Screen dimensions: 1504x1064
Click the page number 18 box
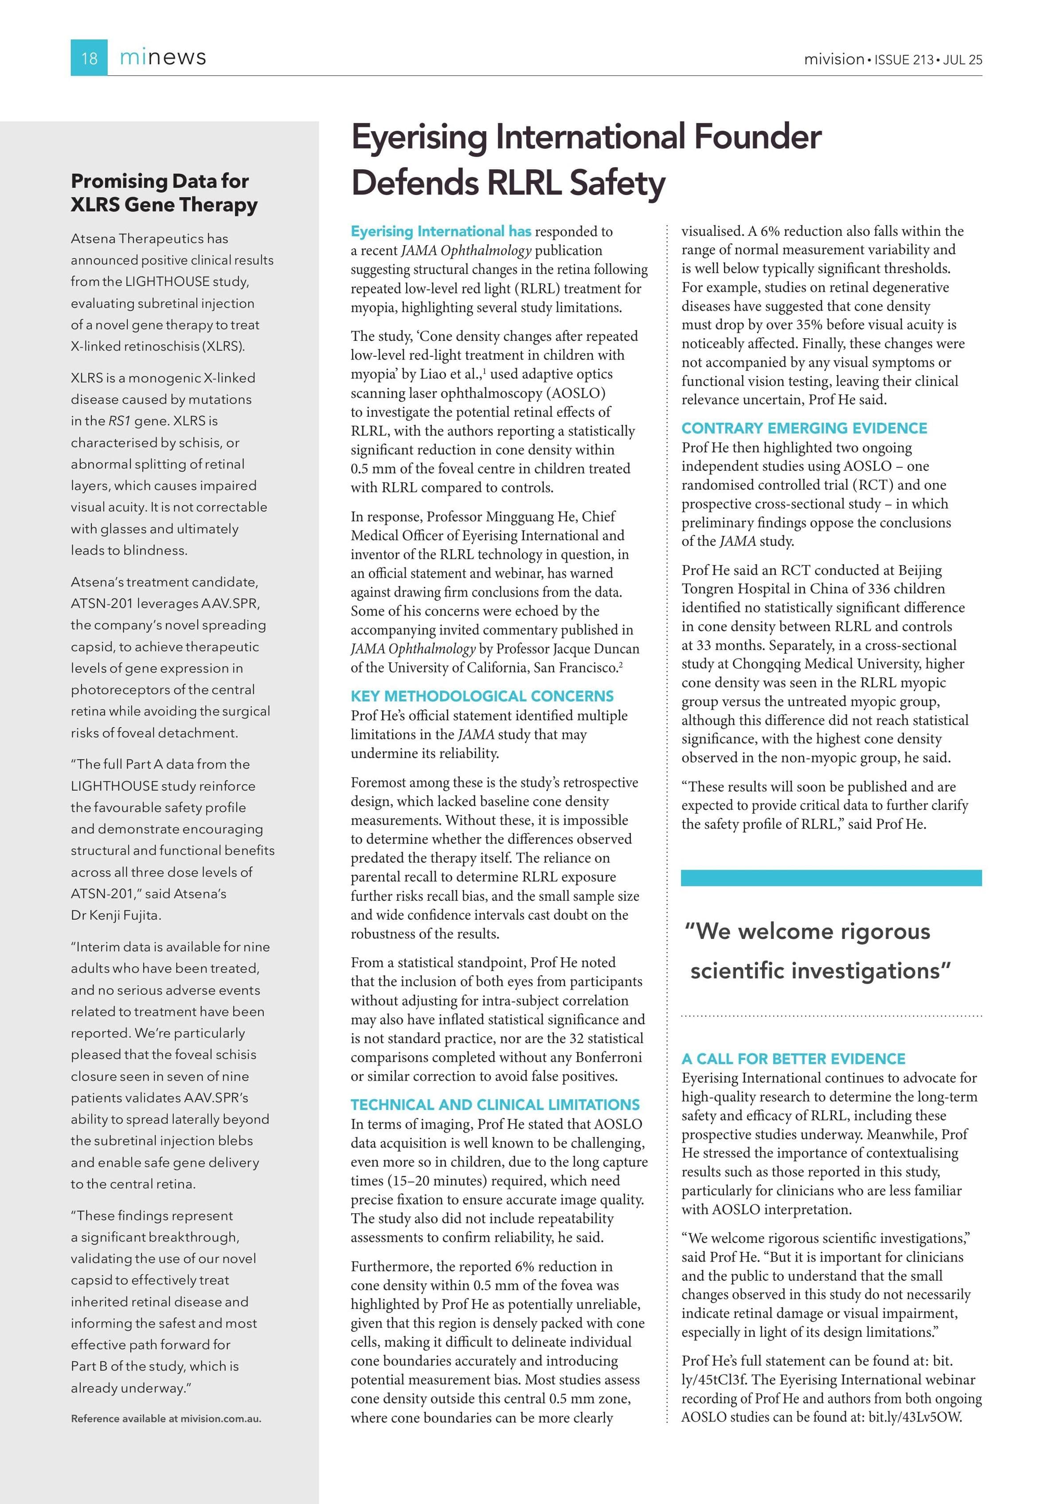pyautogui.click(x=89, y=58)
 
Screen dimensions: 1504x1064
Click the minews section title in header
pyautogui.click(x=163, y=58)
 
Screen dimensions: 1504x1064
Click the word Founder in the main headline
pyautogui.click(x=757, y=137)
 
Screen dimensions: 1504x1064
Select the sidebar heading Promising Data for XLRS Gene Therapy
pyautogui.click(x=164, y=192)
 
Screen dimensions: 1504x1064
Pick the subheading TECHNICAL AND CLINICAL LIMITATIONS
pyautogui.click(x=495, y=1105)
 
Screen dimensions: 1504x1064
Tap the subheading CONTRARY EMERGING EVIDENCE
pyautogui.click(x=804, y=428)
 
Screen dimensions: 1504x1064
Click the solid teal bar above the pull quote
pyautogui.click(x=831, y=878)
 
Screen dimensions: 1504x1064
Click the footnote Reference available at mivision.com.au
pyautogui.click(x=166, y=1419)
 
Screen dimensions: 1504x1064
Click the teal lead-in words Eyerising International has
pyautogui.click(x=440, y=231)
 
